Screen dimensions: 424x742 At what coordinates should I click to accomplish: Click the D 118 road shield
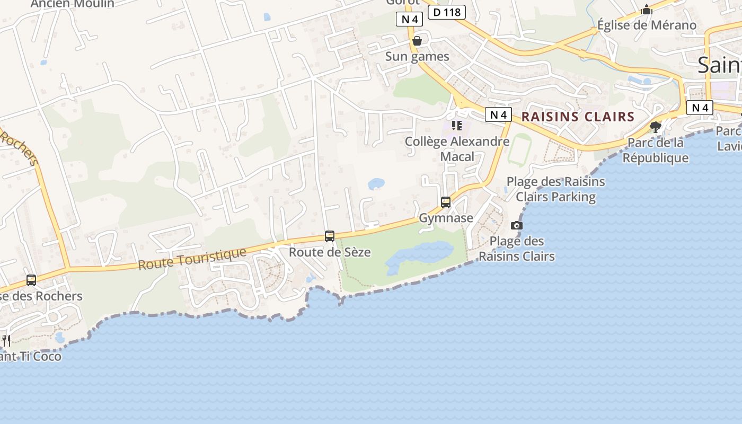(x=446, y=12)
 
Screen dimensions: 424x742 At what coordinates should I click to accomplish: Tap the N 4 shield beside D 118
(x=409, y=20)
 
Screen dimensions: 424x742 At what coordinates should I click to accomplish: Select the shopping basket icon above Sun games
(x=417, y=41)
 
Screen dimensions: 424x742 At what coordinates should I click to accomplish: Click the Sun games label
(x=417, y=57)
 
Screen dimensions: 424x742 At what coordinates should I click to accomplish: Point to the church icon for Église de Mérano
(x=647, y=10)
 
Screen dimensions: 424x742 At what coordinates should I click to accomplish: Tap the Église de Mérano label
(x=647, y=25)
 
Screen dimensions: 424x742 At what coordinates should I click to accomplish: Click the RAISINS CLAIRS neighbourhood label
(x=578, y=117)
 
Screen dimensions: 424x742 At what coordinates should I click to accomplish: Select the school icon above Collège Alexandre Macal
(x=457, y=126)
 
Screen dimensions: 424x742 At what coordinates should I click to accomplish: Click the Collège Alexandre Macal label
(x=457, y=149)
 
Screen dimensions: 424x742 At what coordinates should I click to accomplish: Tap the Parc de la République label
(x=655, y=150)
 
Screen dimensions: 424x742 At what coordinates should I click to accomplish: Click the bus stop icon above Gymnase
(x=446, y=202)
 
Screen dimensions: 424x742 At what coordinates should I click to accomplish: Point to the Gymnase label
(x=446, y=218)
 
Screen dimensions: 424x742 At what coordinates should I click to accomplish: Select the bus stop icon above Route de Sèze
(x=330, y=236)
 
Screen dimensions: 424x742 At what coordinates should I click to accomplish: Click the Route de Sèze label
(x=330, y=252)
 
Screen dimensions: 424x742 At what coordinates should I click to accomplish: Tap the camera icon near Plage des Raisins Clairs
(x=517, y=225)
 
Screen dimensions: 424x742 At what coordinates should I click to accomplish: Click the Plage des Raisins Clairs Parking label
(x=555, y=189)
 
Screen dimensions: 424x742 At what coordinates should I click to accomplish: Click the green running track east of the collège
(x=519, y=150)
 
